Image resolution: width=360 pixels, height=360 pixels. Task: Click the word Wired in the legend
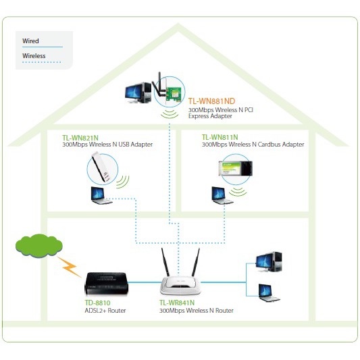click(30, 41)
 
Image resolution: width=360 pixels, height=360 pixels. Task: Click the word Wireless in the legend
click(34, 56)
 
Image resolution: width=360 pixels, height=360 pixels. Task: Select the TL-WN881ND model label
click(211, 101)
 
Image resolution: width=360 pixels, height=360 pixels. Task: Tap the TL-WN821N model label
click(80, 138)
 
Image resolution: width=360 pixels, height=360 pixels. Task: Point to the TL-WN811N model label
click(220, 137)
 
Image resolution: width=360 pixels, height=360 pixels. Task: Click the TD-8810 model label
click(97, 303)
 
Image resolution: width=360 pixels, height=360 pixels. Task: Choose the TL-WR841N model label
click(177, 303)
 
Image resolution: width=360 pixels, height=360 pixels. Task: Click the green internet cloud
click(38, 245)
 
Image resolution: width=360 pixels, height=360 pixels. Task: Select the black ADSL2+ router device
click(106, 283)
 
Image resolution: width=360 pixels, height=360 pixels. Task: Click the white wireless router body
click(180, 285)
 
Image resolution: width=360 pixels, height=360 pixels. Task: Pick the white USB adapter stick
click(101, 167)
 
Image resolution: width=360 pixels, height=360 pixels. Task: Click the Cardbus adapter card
click(236, 169)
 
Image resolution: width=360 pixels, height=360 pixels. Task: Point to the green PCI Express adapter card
click(174, 95)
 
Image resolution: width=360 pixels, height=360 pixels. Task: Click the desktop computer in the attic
click(138, 93)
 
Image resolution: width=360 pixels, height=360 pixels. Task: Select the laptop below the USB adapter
click(101, 196)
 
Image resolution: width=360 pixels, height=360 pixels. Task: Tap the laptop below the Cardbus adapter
click(222, 196)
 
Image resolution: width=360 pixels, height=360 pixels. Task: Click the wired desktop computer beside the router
click(269, 262)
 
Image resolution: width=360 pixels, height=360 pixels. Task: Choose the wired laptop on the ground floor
click(268, 293)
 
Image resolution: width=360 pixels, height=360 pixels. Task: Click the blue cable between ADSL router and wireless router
click(145, 282)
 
